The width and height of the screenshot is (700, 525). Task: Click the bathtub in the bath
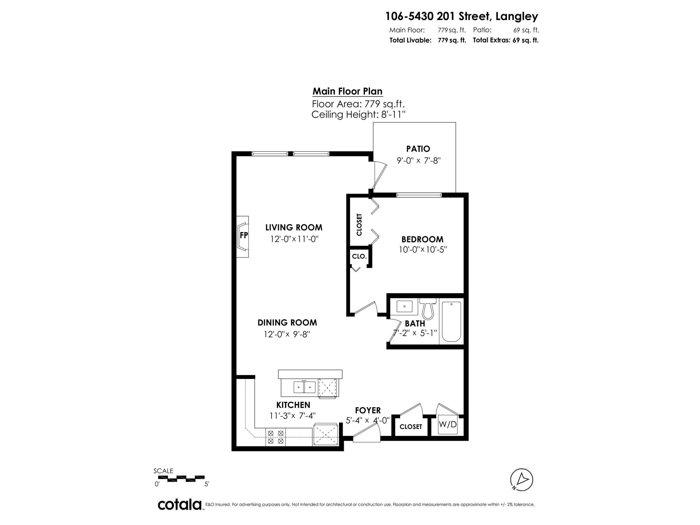451,321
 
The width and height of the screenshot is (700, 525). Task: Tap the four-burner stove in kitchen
275,437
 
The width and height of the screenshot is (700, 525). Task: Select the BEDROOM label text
422,239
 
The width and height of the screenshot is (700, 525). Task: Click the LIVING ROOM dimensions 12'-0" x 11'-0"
294,239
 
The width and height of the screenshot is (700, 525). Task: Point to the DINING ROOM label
287,322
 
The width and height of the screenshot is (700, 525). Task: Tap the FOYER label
368,410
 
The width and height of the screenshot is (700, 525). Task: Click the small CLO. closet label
359,256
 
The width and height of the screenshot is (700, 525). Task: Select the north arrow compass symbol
521,479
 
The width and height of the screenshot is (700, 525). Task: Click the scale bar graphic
181,479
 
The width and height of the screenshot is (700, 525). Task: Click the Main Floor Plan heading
347,91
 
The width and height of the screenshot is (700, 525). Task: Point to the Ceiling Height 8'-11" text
358,115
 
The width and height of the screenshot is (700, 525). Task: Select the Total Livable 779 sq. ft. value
451,40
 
